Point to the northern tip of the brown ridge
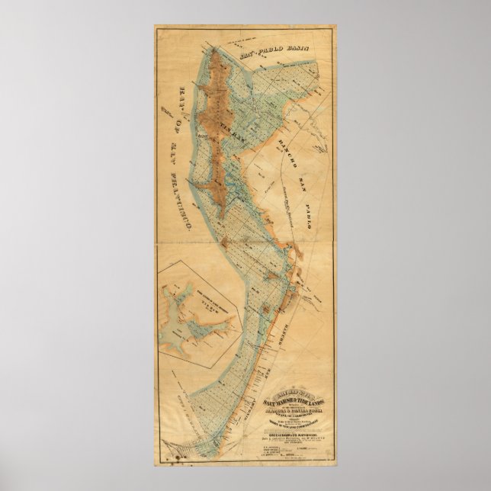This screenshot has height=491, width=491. pyautogui.click(x=217, y=52)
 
